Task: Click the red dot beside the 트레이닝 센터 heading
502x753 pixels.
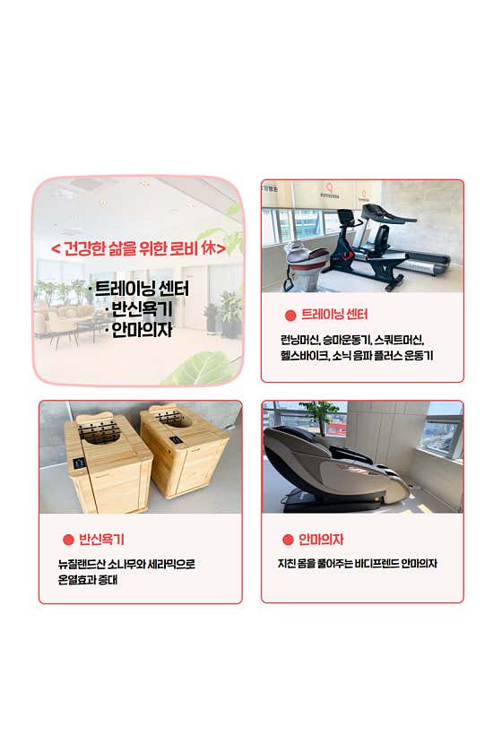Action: coord(290,316)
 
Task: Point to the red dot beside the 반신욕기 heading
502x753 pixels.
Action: coord(67,540)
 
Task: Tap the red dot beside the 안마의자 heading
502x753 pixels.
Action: coord(288,540)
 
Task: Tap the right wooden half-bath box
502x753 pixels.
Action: coord(186,452)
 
